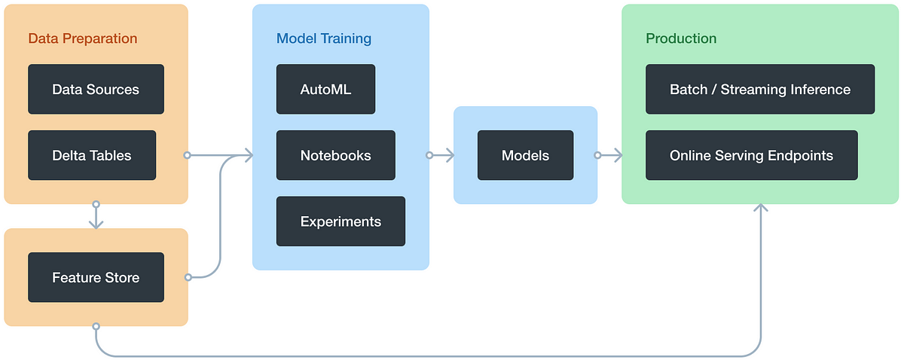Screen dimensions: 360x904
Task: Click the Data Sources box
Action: [x=96, y=89]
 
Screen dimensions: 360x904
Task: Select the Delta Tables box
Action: [x=92, y=155]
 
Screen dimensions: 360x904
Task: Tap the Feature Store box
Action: [x=96, y=277]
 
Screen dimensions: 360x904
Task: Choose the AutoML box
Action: [x=325, y=89]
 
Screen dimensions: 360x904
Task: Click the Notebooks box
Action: [x=335, y=155]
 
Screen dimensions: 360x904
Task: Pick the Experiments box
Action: [x=341, y=221]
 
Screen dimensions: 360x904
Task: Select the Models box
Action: [x=525, y=155]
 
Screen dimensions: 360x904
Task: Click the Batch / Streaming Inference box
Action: [x=759, y=89]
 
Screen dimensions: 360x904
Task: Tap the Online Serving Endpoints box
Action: [x=751, y=155]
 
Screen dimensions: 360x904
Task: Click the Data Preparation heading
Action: [x=83, y=38]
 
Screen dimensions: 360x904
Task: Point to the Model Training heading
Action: [x=324, y=38]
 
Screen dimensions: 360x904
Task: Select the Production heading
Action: [x=681, y=38]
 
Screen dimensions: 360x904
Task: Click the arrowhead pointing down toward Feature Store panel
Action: [x=96, y=224]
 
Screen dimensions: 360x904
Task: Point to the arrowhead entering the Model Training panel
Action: [x=246, y=155]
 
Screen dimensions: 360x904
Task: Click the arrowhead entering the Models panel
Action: [x=448, y=155]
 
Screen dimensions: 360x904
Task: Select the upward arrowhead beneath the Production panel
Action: [x=761, y=209]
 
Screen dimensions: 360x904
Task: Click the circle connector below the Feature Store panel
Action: [x=96, y=326]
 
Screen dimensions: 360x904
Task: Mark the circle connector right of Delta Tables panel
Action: [x=188, y=155]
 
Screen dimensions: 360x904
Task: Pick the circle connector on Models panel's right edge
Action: [x=597, y=155]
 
